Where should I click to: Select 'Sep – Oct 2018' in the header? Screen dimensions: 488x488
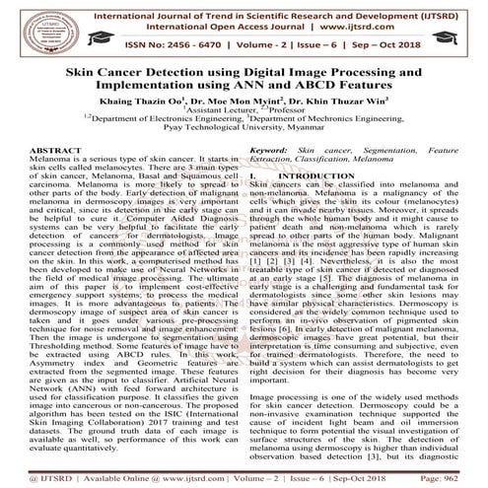[380, 45]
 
